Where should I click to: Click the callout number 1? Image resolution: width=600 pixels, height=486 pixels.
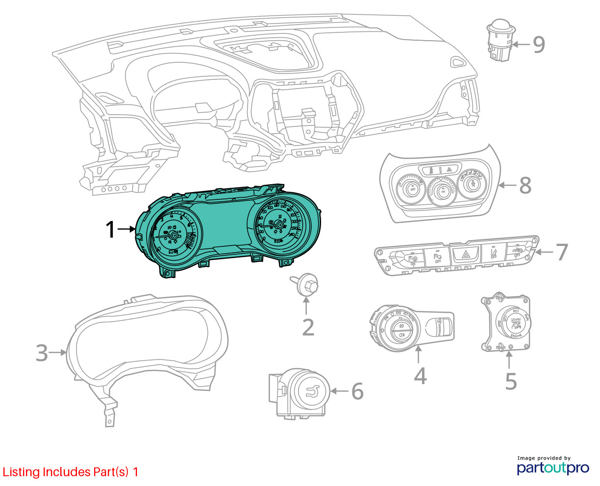(111, 229)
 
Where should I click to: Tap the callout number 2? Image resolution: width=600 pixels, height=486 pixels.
(308, 327)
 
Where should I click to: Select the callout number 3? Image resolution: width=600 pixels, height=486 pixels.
(42, 353)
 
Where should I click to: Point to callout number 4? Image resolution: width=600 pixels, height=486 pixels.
(420, 376)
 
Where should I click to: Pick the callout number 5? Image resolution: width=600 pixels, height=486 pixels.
(511, 381)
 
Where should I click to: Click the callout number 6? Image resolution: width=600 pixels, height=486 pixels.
(357, 391)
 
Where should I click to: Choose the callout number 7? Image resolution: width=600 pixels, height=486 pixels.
(561, 252)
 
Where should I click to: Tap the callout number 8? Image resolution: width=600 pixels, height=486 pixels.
(525, 185)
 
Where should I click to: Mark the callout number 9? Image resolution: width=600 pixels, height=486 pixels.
(538, 45)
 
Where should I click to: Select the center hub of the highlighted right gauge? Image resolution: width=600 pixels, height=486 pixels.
(279, 225)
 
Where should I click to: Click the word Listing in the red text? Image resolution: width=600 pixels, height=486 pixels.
(21, 472)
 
